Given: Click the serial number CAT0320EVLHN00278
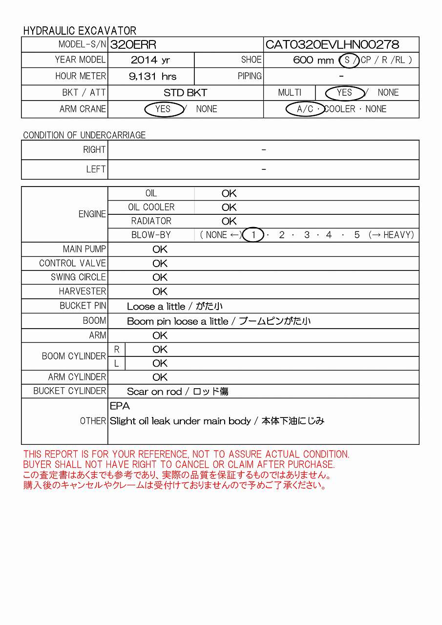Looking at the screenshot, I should (332, 45).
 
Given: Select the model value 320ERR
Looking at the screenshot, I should (133, 45).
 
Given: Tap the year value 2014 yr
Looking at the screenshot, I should (150, 60).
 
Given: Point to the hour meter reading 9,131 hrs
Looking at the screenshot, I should (152, 76).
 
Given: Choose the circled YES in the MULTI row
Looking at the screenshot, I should (344, 93).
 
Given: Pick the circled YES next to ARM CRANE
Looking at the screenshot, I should (163, 109).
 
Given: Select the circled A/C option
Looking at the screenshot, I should (305, 109).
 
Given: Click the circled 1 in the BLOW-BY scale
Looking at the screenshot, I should (253, 235).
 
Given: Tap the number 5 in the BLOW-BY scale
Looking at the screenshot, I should (357, 235).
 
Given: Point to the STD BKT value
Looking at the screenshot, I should (185, 93).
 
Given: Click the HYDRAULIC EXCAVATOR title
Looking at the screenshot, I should (80, 31).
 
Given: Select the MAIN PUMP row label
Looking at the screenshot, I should (84, 249).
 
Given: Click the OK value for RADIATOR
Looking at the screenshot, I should (229, 221).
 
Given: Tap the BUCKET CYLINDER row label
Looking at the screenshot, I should (69, 391).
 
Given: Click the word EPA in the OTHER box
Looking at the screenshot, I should (120, 406).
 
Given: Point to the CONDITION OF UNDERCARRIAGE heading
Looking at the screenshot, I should (84, 135).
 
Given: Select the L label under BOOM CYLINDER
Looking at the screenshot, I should (116, 363).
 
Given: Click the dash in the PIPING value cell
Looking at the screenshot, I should (341, 76).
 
